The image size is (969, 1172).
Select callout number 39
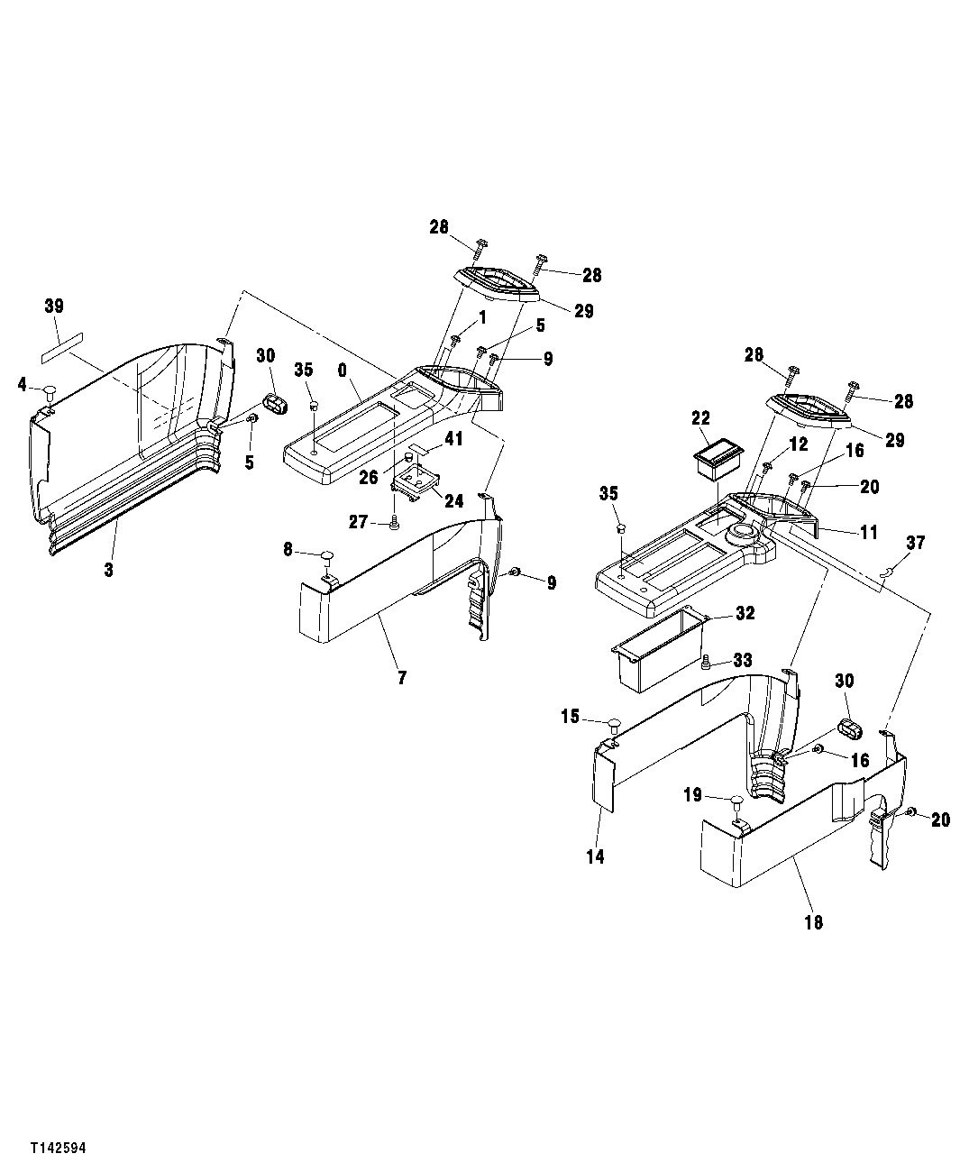(x=54, y=307)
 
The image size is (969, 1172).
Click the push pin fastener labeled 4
(x=50, y=391)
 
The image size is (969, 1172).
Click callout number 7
(x=402, y=677)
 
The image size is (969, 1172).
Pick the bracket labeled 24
(x=416, y=484)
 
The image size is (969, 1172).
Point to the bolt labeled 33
(x=706, y=663)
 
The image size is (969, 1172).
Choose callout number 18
(x=813, y=922)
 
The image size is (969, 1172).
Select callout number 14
(x=596, y=856)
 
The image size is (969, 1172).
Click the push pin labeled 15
(x=614, y=722)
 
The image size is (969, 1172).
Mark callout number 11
(x=867, y=533)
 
